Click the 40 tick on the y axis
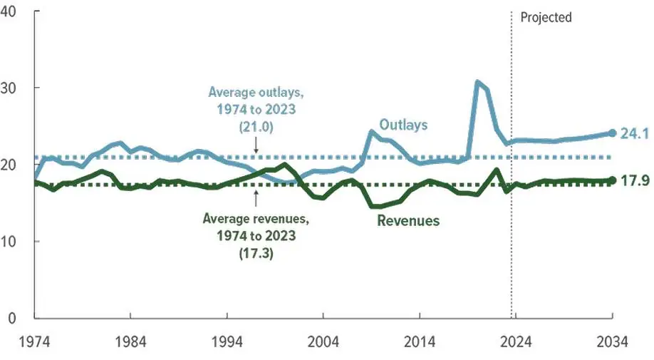(x=11, y=11)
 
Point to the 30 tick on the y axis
(x=11, y=88)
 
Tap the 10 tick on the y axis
(x=11, y=241)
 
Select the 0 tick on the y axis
(x=8, y=318)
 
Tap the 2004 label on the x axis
(x=323, y=341)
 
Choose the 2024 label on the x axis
(x=515, y=341)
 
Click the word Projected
(x=546, y=17)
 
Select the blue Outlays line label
(x=403, y=125)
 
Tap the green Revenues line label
(x=408, y=220)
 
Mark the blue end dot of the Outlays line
(x=612, y=133)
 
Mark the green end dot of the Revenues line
(x=612, y=180)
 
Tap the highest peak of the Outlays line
(x=478, y=82)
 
